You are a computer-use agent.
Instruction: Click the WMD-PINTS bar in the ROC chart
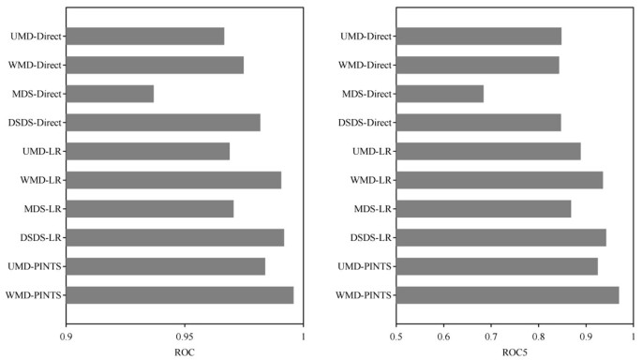[180, 295]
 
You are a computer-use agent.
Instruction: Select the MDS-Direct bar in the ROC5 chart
[440, 94]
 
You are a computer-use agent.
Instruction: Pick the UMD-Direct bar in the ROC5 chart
[479, 37]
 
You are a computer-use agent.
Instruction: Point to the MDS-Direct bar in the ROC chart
[110, 94]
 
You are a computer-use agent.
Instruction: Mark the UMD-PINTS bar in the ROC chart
[166, 266]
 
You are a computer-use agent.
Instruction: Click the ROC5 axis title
[515, 352]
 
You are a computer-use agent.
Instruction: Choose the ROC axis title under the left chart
[185, 352]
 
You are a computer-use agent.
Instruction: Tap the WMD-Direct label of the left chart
[35, 66]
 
